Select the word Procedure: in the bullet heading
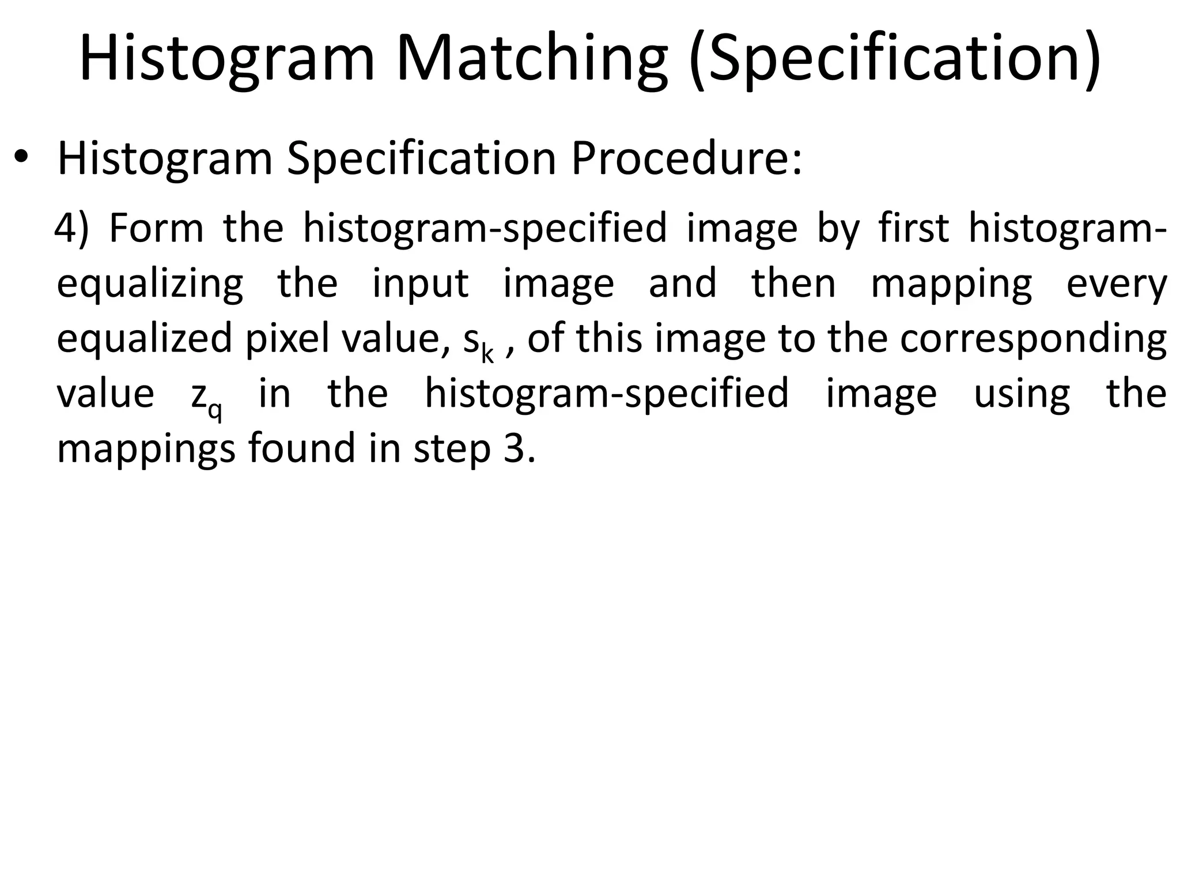point(686,158)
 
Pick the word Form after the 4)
point(156,228)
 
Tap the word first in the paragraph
point(913,228)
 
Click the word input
point(420,284)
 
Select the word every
point(1116,284)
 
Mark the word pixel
point(291,339)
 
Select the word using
point(1022,395)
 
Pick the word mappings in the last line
point(146,449)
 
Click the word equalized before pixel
point(144,339)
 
